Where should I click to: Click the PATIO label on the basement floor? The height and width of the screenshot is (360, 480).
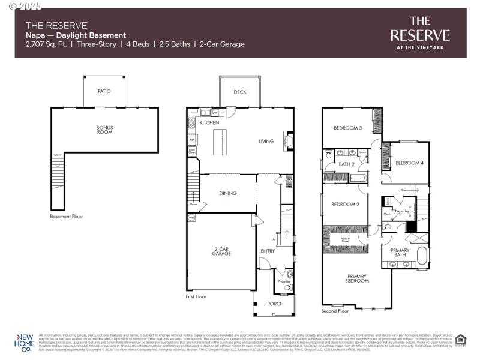[x=104, y=91]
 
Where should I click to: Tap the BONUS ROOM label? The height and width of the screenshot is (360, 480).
[x=104, y=129]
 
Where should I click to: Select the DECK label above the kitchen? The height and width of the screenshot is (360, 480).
[x=240, y=92]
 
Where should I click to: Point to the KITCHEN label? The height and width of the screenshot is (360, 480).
[x=209, y=123]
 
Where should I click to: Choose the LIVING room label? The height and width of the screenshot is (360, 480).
[x=266, y=142]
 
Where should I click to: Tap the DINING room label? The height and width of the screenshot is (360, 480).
[x=228, y=193]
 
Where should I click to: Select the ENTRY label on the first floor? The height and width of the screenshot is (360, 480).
[x=268, y=251]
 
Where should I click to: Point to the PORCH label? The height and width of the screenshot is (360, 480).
[x=275, y=304]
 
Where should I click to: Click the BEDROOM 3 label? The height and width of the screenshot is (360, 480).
[x=348, y=128]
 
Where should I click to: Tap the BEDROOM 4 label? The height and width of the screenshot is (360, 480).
[x=409, y=163]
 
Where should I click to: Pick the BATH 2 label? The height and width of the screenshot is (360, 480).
[x=347, y=164]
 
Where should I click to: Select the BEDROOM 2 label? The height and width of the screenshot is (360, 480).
[x=345, y=204]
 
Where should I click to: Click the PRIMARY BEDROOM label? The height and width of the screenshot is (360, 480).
[x=356, y=278]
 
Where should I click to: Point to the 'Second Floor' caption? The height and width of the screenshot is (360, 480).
[x=335, y=311]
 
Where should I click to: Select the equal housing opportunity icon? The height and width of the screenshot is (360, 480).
[x=460, y=340]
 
